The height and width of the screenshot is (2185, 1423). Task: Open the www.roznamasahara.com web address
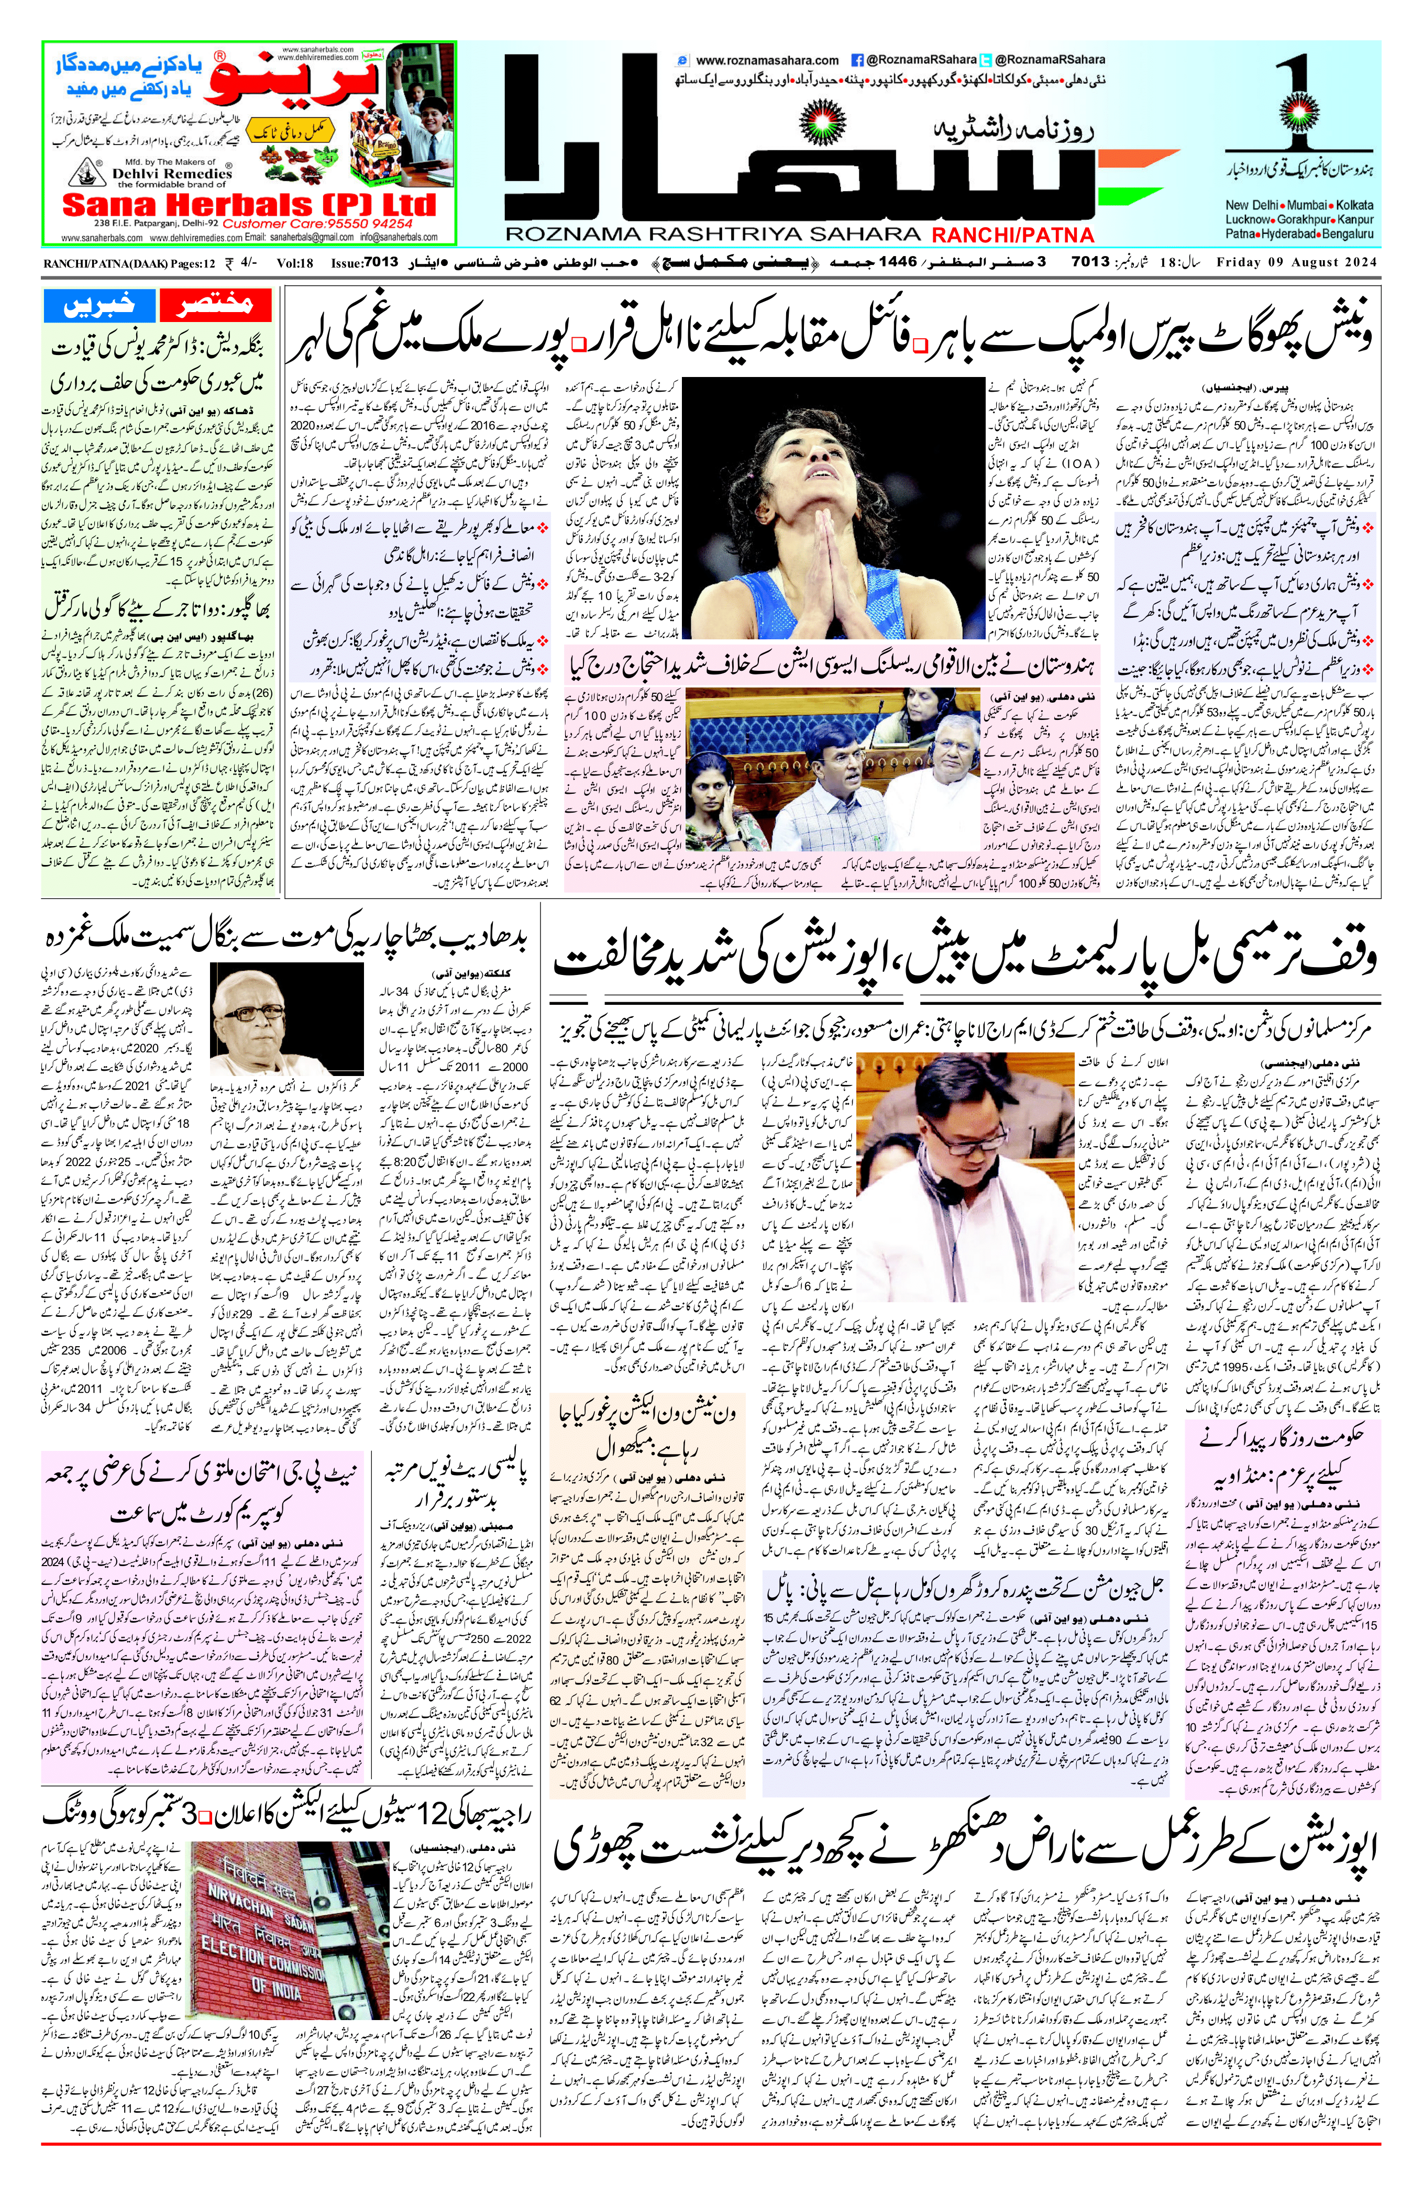767,61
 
